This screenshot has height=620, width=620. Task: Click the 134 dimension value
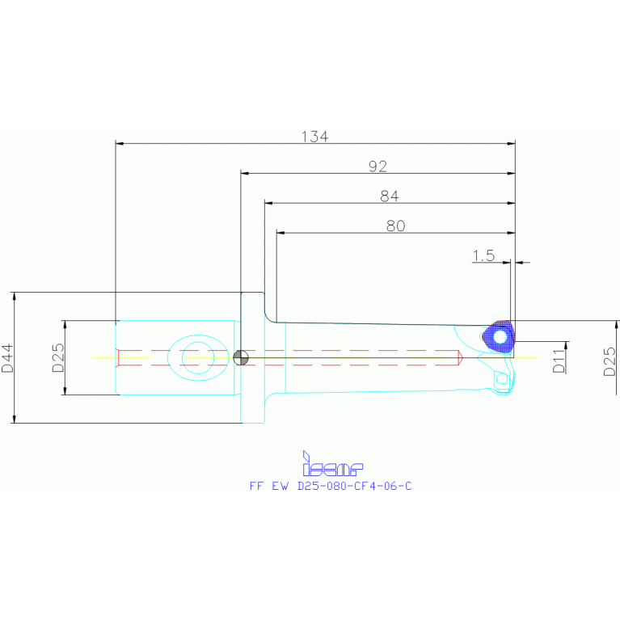point(314,137)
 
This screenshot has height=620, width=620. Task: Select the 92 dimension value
point(377,167)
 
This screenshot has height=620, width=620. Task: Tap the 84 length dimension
point(390,196)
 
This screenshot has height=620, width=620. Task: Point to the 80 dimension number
point(395,226)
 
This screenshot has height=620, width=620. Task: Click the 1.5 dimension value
point(483,255)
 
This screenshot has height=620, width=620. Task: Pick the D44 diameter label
point(7,357)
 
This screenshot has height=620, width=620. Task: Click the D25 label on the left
point(58,357)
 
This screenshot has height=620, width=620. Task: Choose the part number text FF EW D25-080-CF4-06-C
point(331,486)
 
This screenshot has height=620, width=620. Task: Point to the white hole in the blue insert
point(500,335)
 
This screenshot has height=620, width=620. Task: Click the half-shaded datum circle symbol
point(240,357)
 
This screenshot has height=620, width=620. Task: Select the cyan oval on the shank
point(196,356)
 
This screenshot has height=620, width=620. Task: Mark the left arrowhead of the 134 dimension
point(120,144)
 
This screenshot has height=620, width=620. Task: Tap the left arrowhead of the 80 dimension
point(280,233)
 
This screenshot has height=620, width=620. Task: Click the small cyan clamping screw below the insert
point(502,378)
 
